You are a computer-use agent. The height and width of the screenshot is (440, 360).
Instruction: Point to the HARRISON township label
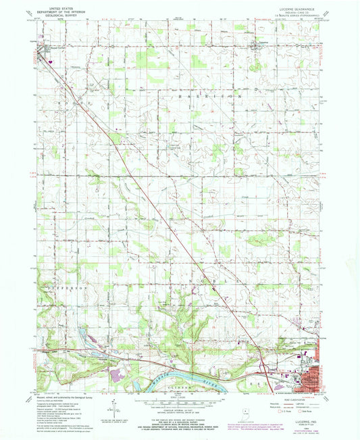[x=210, y=97]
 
